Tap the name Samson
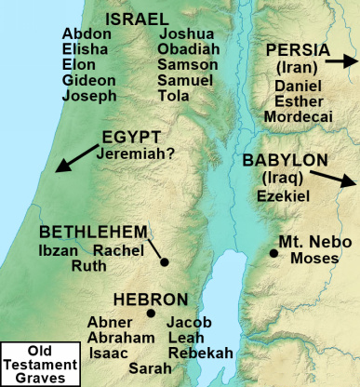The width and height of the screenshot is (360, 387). tap(187, 64)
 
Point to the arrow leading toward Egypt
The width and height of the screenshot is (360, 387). tap(75, 157)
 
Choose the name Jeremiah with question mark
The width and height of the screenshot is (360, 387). tap(140, 149)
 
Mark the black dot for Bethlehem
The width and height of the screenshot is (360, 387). tap(165, 262)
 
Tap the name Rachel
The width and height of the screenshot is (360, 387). tap(115, 249)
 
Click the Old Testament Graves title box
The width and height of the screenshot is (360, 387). tap(38, 362)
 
